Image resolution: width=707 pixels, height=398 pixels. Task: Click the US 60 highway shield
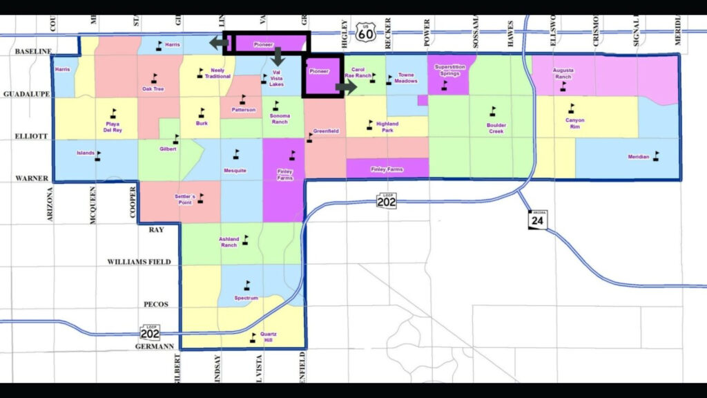[366, 30]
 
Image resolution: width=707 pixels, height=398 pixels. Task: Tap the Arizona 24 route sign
[538, 219]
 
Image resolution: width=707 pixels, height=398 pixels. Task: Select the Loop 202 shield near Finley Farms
[387, 200]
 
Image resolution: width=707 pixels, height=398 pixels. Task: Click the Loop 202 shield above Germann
[150, 332]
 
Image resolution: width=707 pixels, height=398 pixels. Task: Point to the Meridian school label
[638, 157]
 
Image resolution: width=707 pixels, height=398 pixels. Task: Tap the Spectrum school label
[246, 298]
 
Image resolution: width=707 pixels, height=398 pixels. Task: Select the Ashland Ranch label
[229, 242]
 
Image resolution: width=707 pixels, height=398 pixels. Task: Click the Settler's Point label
[185, 200]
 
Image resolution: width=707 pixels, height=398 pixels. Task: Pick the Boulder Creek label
[496, 128]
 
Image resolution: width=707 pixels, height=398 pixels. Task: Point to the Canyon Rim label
[574, 123]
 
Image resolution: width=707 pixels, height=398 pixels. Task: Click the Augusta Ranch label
[563, 73]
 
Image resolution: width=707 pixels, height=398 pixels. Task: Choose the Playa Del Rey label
[113, 126]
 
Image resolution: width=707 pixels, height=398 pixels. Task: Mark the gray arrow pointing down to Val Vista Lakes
[278, 56]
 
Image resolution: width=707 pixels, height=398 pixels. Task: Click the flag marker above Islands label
[98, 156]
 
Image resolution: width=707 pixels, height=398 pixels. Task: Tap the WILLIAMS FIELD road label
[137, 262]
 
